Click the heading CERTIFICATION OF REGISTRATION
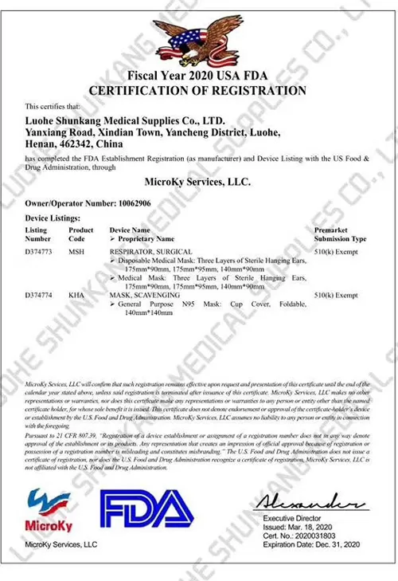pos(197,90)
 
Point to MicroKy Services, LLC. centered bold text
pos(198,182)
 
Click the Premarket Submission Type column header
pos(341,234)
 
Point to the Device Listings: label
pos(53,218)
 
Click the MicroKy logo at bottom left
pos(49,509)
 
